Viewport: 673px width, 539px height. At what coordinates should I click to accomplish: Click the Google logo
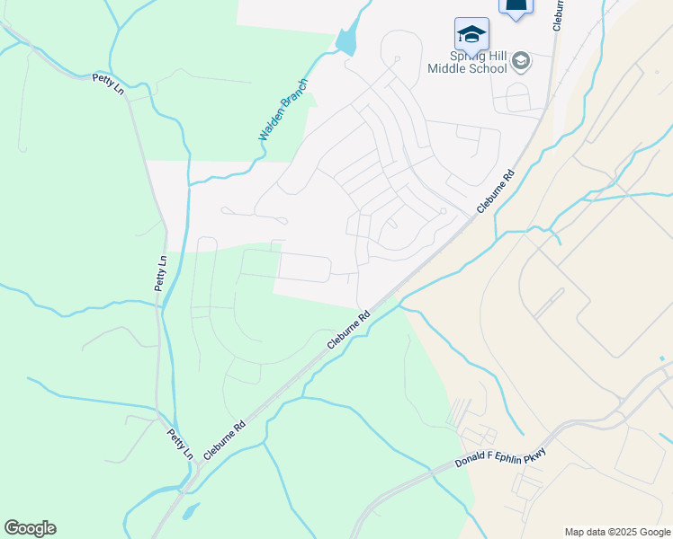pos(30,528)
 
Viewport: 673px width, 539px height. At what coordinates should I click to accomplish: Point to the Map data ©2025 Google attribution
pos(616,532)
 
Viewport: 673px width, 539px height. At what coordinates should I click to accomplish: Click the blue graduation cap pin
pos(471,34)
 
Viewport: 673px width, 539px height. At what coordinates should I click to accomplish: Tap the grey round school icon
pos(521,62)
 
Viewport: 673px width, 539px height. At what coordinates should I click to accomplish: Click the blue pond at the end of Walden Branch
pos(345,41)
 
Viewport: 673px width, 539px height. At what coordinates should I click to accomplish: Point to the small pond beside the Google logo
pos(189,512)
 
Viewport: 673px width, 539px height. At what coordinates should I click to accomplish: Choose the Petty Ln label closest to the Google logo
pos(181,444)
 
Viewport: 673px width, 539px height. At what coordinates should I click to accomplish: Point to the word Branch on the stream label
pos(295,94)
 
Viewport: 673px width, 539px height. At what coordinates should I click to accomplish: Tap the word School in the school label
pos(487,68)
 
